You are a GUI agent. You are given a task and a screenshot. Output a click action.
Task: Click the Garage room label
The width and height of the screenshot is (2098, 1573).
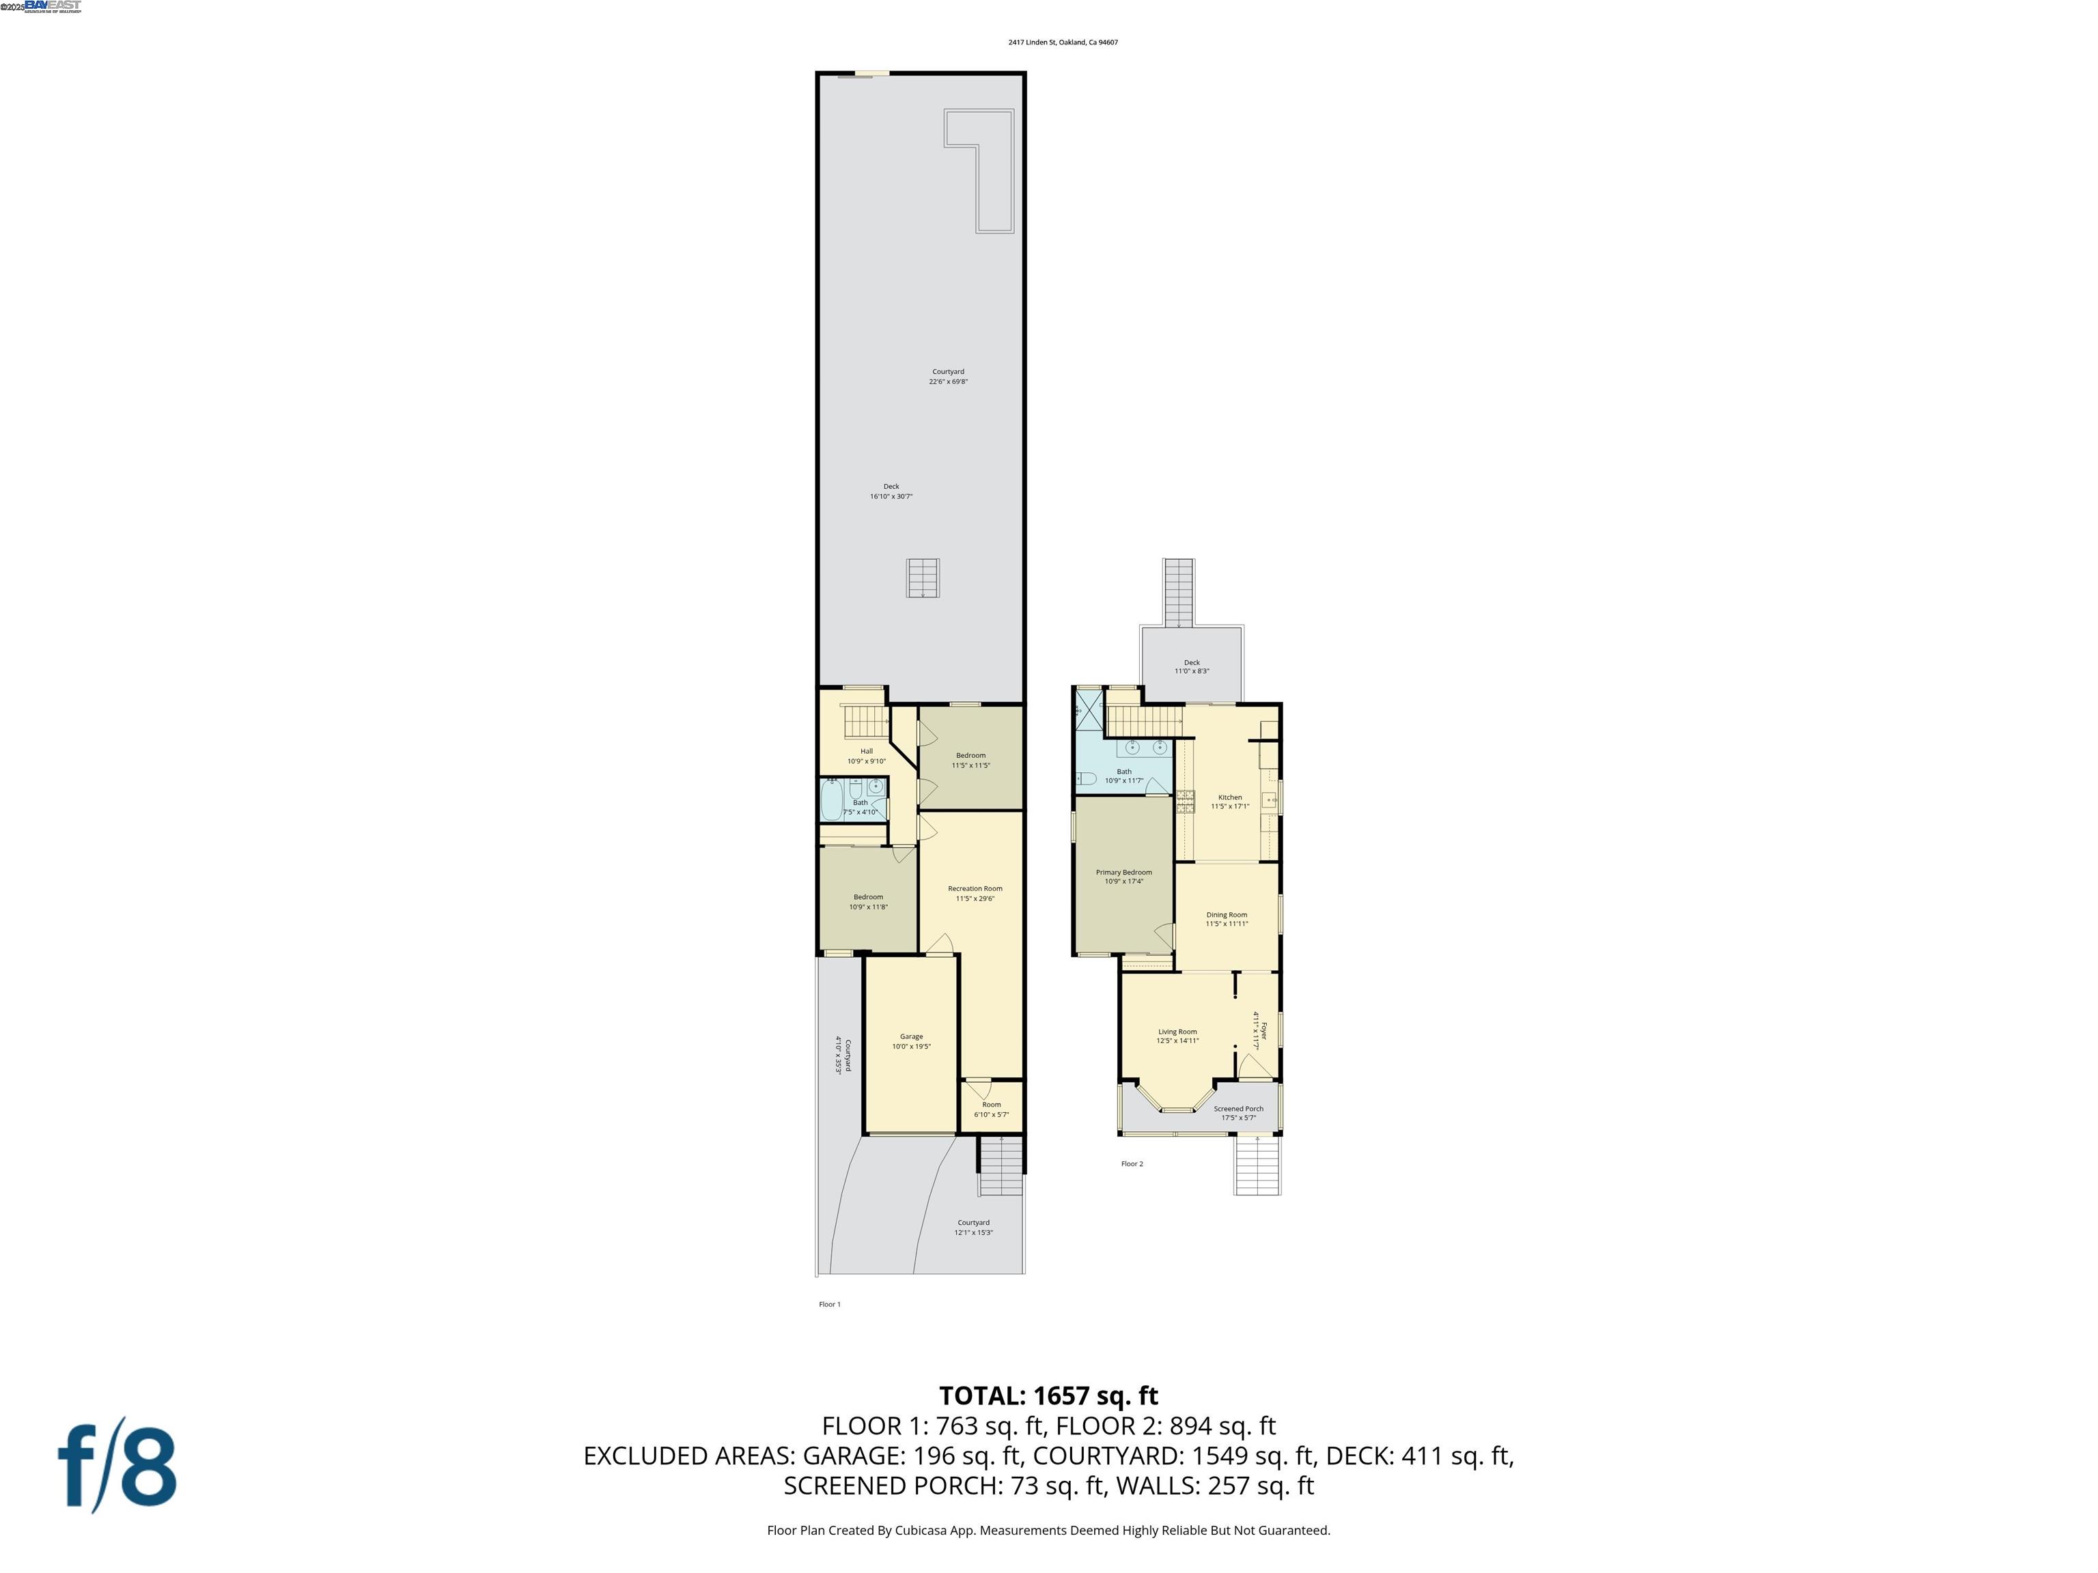tap(910, 1036)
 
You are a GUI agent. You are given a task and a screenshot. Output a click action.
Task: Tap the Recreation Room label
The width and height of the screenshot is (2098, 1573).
tap(975, 888)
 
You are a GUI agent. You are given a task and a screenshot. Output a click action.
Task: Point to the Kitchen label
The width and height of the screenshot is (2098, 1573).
tap(1229, 797)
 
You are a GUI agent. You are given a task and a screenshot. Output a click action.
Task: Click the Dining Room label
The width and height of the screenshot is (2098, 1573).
tap(1227, 915)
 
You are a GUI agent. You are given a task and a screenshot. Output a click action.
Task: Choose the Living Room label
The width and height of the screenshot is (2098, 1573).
tap(1177, 1032)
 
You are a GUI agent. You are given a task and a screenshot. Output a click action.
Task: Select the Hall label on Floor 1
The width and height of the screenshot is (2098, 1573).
tap(866, 751)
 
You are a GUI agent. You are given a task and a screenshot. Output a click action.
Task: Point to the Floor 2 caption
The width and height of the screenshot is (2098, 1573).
tap(1132, 1163)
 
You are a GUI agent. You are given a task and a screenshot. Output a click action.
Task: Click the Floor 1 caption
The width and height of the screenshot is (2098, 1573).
tap(829, 1304)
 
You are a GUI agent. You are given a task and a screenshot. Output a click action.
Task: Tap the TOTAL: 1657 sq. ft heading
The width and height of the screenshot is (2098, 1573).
tap(1048, 1395)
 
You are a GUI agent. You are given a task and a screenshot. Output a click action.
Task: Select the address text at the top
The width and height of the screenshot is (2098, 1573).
tap(1062, 42)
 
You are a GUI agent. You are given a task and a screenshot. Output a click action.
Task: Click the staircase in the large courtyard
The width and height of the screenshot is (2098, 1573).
tap(922, 578)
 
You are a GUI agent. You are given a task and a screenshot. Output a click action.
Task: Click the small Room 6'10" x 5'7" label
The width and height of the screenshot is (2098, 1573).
tap(991, 1105)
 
